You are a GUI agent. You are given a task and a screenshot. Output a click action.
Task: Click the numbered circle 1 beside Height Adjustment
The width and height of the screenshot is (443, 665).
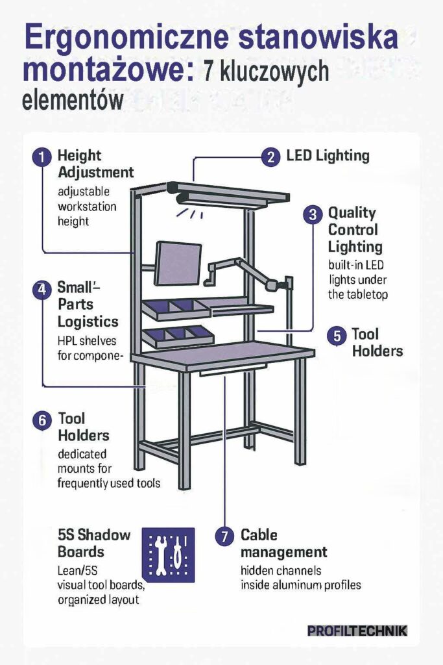click(x=42, y=157)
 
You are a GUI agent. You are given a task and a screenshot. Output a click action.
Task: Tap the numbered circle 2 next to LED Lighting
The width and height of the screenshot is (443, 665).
click(x=270, y=157)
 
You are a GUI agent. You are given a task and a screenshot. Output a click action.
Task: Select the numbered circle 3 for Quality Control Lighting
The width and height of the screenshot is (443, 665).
click(x=313, y=214)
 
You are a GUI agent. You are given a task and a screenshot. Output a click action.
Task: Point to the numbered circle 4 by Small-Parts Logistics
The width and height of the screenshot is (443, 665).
click(x=42, y=289)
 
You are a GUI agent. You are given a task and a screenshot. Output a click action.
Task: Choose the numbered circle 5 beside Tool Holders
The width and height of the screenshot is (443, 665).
click(x=337, y=336)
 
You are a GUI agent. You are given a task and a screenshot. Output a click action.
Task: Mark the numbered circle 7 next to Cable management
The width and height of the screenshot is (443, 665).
click(x=224, y=536)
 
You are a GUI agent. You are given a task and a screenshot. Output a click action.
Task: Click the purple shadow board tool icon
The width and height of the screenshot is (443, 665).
click(x=169, y=555)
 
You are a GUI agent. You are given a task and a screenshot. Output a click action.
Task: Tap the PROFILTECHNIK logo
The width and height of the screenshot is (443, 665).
click(x=357, y=631)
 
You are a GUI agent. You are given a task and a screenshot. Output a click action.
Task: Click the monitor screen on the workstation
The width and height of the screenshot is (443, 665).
click(x=178, y=264)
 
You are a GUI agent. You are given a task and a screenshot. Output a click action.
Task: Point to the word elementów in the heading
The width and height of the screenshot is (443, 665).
click(x=73, y=101)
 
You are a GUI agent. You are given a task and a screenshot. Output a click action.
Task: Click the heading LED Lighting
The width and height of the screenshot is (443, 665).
click(x=328, y=156)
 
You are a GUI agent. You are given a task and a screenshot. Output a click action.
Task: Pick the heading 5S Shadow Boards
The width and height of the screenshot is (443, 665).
click(x=94, y=544)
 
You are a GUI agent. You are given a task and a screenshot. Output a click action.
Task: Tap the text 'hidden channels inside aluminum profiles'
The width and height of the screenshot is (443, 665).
click(x=301, y=577)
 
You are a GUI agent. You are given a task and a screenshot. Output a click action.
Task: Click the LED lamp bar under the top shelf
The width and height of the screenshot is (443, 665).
click(x=222, y=199)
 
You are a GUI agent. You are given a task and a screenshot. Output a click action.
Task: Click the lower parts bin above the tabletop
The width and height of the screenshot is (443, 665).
click(x=178, y=337)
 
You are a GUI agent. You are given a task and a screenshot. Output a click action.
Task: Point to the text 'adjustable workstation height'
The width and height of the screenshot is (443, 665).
click(x=87, y=207)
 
